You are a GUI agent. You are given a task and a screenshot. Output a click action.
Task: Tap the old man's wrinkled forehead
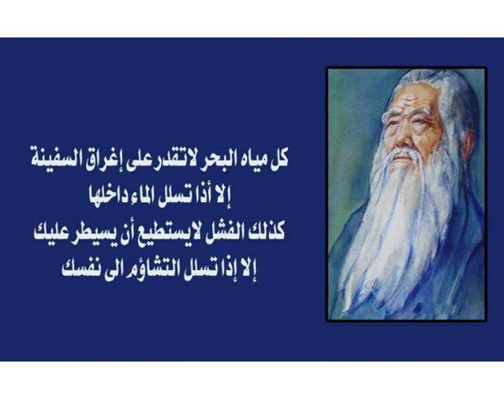click(411, 97)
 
